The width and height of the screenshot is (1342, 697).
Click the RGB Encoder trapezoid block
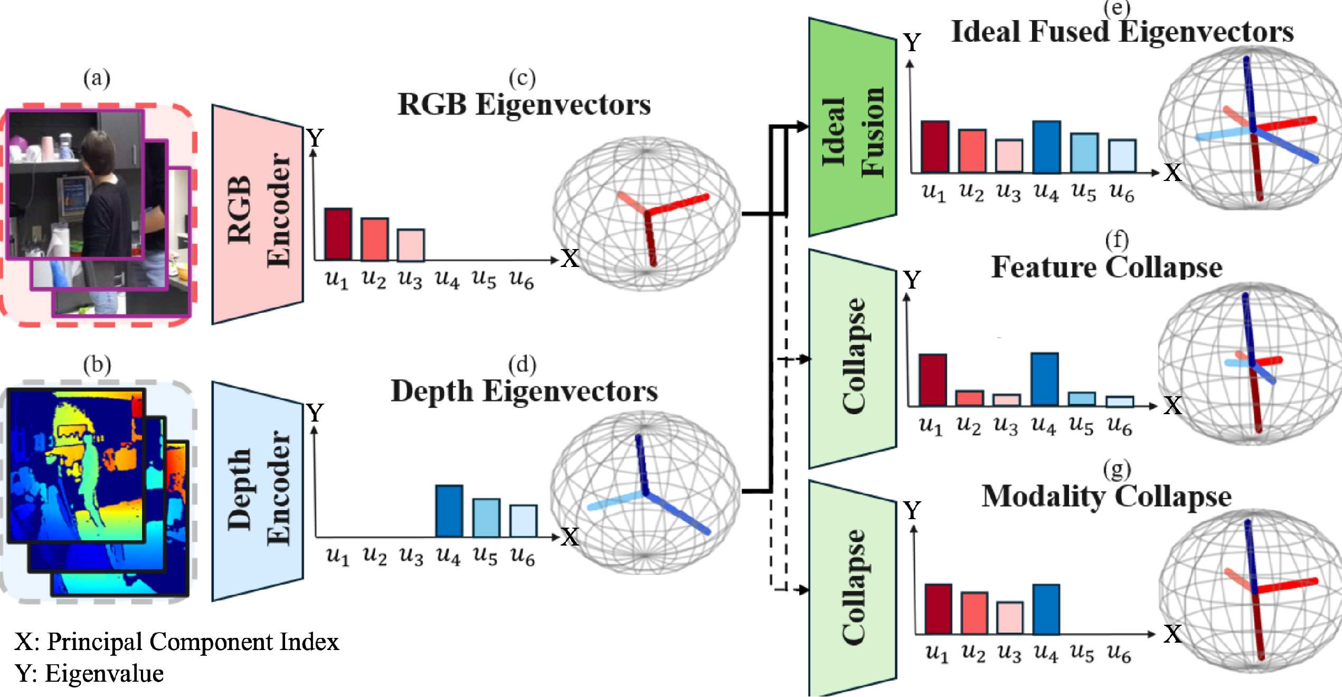(x=258, y=214)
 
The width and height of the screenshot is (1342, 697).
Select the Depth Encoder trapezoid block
(x=258, y=491)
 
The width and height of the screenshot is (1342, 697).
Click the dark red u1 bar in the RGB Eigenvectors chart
(x=338, y=234)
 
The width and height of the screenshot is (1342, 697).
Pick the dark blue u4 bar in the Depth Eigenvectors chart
(x=449, y=511)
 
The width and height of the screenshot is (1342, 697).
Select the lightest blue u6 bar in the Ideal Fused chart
(x=1122, y=156)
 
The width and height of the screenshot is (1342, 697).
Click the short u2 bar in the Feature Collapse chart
(x=969, y=398)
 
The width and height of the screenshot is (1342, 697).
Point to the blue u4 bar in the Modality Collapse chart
(x=1046, y=609)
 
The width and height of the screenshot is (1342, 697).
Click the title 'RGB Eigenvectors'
(x=524, y=104)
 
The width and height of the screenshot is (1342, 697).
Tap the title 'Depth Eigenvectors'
(x=524, y=392)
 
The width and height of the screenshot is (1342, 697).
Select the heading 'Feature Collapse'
(x=1107, y=267)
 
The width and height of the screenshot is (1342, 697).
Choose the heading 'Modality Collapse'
(x=1107, y=497)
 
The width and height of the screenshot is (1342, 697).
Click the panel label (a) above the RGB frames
(x=97, y=78)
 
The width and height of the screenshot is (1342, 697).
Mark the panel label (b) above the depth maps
(x=97, y=365)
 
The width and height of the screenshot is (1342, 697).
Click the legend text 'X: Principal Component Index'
(x=177, y=642)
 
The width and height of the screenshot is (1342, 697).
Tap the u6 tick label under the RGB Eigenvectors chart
(x=521, y=279)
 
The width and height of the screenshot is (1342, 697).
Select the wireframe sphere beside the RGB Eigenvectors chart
(x=646, y=214)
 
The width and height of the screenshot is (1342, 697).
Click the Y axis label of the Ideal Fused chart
(x=912, y=43)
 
